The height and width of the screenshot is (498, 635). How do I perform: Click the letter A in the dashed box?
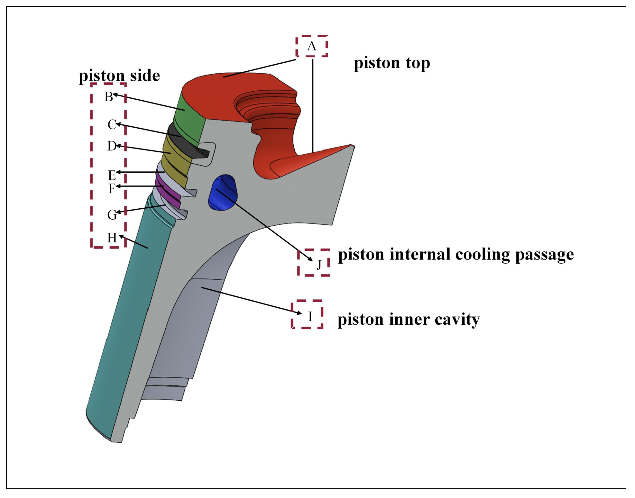[311, 46]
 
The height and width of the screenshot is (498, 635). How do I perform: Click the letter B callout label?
[108, 97]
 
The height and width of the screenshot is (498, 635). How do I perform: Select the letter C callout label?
[112, 124]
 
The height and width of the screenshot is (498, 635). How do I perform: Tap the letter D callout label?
[111, 146]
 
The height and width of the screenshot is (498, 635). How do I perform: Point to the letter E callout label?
[112, 175]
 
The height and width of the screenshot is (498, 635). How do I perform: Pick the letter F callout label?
[111, 188]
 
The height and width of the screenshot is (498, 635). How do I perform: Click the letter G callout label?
[112, 215]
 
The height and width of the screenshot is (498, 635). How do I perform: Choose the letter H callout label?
[112, 238]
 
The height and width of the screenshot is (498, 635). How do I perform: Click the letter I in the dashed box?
[310, 317]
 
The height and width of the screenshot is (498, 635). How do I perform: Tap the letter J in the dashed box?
[319, 265]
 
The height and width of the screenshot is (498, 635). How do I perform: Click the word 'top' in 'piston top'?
[418, 63]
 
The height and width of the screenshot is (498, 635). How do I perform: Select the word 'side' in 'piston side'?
[145, 76]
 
